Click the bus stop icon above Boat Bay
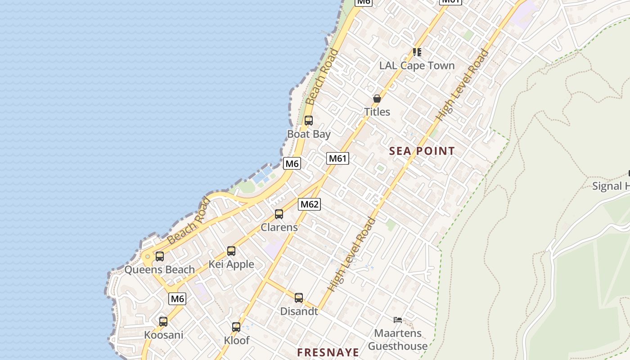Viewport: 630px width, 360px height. pyautogui.click(x=308, y=121)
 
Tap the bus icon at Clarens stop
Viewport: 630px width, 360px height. pyautogui.click(x=279, y=214)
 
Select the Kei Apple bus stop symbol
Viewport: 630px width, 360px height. pyautogui.click(x=231, y=251)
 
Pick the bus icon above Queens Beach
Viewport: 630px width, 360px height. pyautogui.click(x=160, y=256)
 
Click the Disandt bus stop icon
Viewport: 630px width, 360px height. pyautogui.click(x=299, y=298)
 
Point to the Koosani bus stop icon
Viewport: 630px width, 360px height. pyautogui.click(x=163, y=322)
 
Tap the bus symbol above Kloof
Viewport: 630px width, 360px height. pyautogui.click(x=236, y=327)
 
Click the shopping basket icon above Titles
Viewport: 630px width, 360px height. pyautogui.click(x=377, y=99)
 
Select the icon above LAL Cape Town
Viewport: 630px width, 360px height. pyautogui.click(x=417, y=52)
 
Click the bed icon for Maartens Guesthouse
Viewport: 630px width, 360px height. pyautogui.click(x=398, y=320)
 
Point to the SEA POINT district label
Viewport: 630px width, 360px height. pyautogui.click(x=422, y=151)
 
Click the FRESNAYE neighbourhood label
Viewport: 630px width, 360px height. pyautogui.click(x=328, y=352)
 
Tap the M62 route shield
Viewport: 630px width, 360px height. pyautogui.click(x=309, y=204)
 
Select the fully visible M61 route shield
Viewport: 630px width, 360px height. pyautogui.click(x=337, y=158)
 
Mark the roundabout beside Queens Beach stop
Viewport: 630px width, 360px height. pyautogui.click(x=147, y=257)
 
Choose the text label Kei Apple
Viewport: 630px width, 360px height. pyautogui.click(x=231, y=265)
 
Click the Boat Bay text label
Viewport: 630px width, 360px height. pyautogui.click(x=309, y=134)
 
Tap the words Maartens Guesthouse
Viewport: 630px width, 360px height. pyautogui.click(x=398, y=340)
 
